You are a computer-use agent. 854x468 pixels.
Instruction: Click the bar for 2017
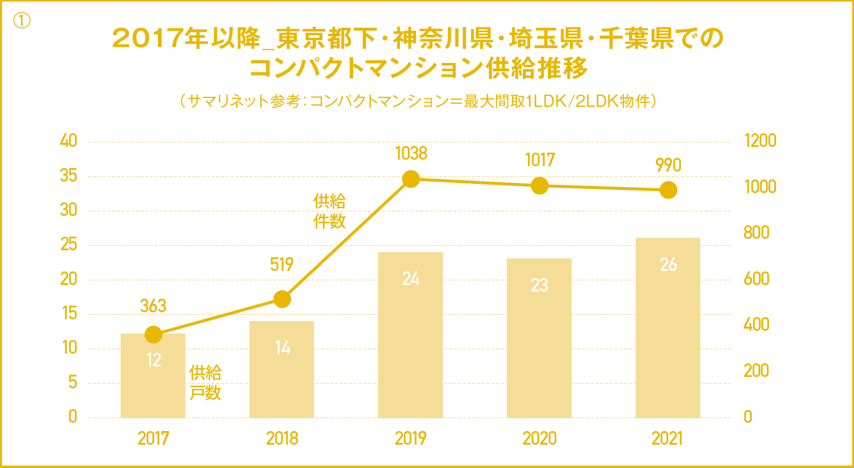[x=153, y=387]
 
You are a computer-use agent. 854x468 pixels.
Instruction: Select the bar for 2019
[x=410, y=343]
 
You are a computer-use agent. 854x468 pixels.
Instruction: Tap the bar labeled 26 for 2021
[x=668, y=334]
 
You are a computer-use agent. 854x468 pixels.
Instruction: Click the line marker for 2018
[x=282, y=299]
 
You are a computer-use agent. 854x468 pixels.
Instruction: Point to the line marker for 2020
[x=540, y=186]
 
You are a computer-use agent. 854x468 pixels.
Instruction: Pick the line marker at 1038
[x=411, y=179]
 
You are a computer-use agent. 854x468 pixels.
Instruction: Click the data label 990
[x=668, y=165]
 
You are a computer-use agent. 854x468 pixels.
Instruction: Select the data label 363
[x=153, y=306]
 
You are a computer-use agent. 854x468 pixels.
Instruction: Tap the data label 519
[x=282, y=264]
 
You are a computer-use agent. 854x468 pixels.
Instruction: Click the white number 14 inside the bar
[x=282, y=348]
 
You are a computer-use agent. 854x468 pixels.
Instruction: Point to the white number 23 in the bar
[x=540, y=285]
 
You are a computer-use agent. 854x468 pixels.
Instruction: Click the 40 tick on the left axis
[x=69, y=141]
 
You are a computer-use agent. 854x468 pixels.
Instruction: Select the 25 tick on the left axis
[x=69, y=245]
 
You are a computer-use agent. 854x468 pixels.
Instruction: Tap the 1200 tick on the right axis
[x=760, y=141]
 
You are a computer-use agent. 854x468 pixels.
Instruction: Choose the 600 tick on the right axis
[x=756, y=279]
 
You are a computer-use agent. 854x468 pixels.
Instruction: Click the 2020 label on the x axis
[x=540, y=439]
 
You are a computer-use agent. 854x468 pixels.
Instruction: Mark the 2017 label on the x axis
[x=153, y=439]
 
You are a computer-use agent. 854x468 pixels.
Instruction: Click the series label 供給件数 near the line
[x=329, y=211]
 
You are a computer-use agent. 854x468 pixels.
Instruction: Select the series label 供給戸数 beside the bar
[x=205, y=383]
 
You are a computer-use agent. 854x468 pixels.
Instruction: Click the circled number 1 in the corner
[x=22, y=20]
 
